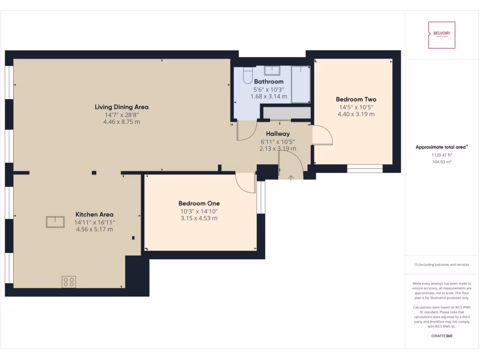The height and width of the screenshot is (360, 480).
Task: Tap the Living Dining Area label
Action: click(x=121, y=107)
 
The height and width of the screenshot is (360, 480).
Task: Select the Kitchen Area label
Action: click(x=94, y=215)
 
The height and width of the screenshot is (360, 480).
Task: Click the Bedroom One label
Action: click(x=199, y=203)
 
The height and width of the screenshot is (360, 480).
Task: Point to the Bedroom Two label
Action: click(x=356, y=99)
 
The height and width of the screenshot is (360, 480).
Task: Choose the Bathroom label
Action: click(x=269, y=82)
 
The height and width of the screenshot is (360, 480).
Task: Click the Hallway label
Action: click(x=277, y=134)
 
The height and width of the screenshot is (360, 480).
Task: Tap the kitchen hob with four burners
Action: click(x=68, y=282)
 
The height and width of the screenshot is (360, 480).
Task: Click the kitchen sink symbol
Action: click(x=55, y=222)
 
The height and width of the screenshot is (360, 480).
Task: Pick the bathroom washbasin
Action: click(x=271, y=71)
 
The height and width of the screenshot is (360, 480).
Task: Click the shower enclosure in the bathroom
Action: click(x=300, y=84)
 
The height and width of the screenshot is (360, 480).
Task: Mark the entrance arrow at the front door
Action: click(x=290, y=177)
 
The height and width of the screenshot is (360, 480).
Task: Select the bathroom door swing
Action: click(x=247, y=131)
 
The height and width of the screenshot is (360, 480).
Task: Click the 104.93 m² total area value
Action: click(x=441, y=162)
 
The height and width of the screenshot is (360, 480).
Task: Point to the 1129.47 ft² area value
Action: click(x=441, y=155)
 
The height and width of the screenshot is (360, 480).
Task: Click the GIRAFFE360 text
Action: click(x=441, y=336)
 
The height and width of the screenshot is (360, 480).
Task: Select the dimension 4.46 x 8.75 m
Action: click(x=121, y=122)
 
